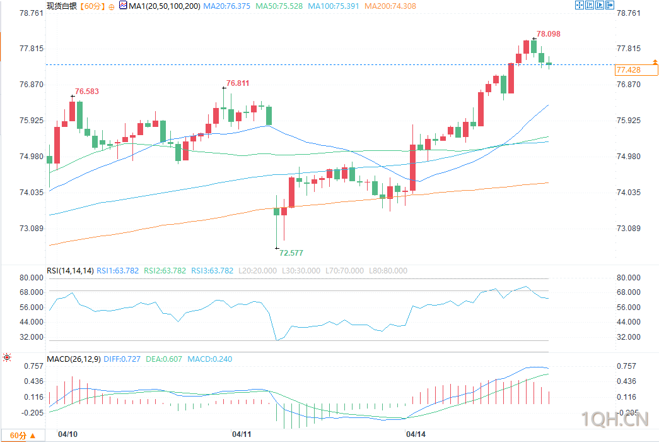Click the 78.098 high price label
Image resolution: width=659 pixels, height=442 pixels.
[548, 34]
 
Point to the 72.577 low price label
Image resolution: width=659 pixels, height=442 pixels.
[291, 253]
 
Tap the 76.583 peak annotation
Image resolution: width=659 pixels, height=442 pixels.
[87, 92]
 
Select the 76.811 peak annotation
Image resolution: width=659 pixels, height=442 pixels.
[238, 83]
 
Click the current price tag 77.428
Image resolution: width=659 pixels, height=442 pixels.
[628, 69]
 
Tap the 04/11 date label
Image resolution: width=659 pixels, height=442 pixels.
[242, 434]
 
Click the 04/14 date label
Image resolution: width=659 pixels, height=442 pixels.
[415, 434]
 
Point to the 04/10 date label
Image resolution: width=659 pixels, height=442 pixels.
[67, 434]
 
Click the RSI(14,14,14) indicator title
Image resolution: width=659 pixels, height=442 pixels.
[70, 271]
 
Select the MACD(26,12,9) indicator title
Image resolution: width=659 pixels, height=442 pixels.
[73, 359]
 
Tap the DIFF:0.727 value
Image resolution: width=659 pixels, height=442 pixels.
[122, 359]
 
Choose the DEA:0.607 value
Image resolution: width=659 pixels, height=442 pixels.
[164, 359]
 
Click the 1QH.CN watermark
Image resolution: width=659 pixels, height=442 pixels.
[614, 419]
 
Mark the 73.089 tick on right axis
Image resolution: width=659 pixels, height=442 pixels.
[628, 228]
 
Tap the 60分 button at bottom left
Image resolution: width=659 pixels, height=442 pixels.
[23, 436]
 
